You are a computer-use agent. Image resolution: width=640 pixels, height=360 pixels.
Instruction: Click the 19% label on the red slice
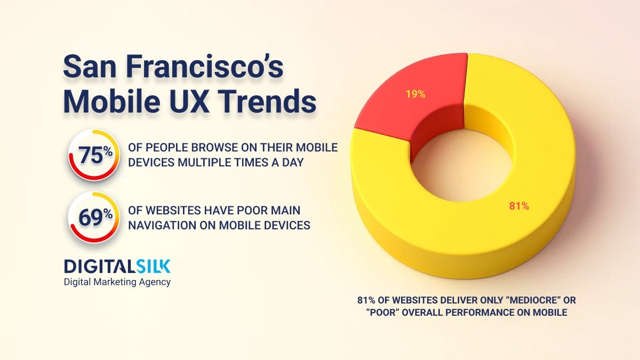click(415, 94)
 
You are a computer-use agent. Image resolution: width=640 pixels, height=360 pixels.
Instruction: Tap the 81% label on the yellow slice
click(519, 206)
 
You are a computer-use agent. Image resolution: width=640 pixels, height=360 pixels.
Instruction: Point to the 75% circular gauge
click(94, 155)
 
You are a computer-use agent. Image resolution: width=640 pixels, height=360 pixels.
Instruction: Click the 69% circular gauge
click(94, 218)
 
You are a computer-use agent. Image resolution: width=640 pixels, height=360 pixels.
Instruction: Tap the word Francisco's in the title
click(205, 67)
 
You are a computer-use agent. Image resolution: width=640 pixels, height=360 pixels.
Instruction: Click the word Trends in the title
click(268, 101)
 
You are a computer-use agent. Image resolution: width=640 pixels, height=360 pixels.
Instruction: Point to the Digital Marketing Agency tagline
click(117, 282)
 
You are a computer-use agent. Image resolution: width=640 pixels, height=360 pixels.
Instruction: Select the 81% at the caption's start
click(366, 300)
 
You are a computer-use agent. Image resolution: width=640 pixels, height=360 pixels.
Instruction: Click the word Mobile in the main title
click(111, 101)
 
